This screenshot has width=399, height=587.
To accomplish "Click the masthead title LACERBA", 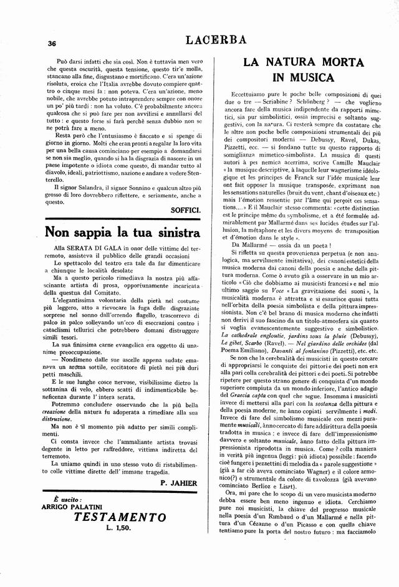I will (x=216, y=41).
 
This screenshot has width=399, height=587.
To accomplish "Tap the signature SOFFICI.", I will (x=186, y=211).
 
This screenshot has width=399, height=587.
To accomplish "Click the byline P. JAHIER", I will (x=180, y=483).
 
